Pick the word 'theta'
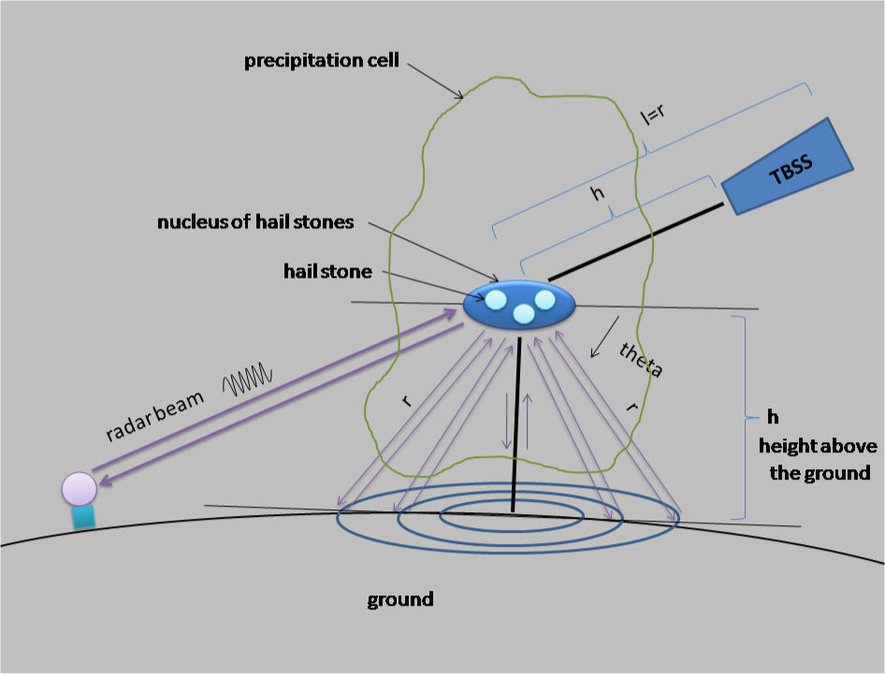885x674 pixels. pyautogui.click(x=642, y=359)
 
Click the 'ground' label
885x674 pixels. pyautogui.click(x=399, y=598)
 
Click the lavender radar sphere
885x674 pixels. pyautogui.click(x=79, y=489)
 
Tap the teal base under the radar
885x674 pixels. pyautogui.click(x=83, y=517)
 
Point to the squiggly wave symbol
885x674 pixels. pyautogui.click(x=247, y=380)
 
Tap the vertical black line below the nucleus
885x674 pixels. pyautogui.click(x=516, y=421)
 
